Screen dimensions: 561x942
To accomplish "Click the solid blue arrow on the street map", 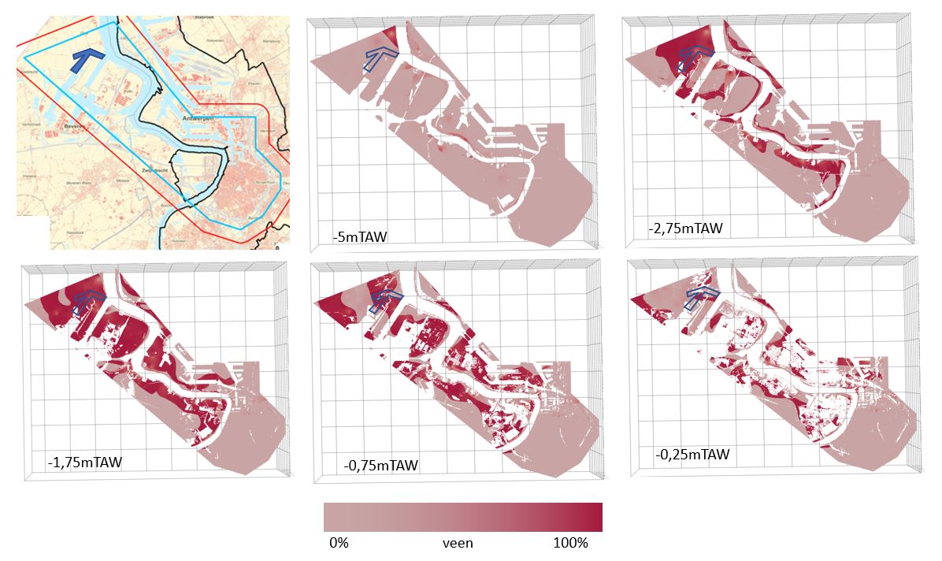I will (87, 62).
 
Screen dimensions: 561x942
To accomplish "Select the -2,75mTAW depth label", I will (684, 228).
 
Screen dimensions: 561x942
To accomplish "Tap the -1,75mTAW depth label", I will (85, 462).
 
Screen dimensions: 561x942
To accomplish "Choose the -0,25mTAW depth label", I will (692, 455).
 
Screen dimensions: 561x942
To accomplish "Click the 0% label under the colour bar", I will (339, 544).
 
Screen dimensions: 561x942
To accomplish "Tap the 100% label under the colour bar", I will (569, 544).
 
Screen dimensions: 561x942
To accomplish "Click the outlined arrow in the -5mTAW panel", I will (379, 58).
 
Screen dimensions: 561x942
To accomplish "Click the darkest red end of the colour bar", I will (595, 517).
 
